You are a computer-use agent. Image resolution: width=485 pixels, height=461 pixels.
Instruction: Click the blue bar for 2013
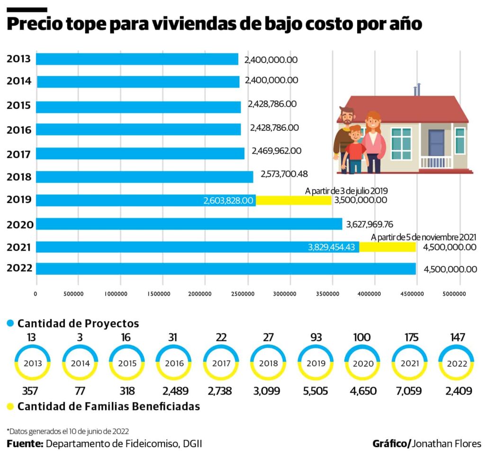click(x=137, y=59)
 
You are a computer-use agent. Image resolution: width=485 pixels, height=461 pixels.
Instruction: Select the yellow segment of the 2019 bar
click(x=294, y=200)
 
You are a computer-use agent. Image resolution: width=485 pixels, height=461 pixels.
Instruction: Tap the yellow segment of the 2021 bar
click(x=387, y=247)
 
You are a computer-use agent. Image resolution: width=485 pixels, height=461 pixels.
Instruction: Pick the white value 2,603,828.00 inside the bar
click(x=228, y=201)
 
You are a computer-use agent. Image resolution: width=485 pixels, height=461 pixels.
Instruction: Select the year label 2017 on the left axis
click(x=19, y=154)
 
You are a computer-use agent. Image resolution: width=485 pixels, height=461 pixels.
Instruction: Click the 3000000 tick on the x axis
click(x=290, y=294)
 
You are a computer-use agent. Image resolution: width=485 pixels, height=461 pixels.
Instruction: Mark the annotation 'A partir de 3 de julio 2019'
click(x=346, y=191)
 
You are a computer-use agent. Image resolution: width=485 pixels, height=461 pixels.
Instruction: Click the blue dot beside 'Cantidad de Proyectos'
click(x=10, y=324)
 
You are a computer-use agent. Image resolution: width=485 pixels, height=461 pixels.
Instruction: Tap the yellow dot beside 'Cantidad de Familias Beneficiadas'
click(x=10, y=407)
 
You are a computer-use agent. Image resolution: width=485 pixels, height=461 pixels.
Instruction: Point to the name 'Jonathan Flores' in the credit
click(x=447, y=444)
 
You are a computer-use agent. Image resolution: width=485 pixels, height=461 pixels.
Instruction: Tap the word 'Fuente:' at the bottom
click(x=25, y=444)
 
